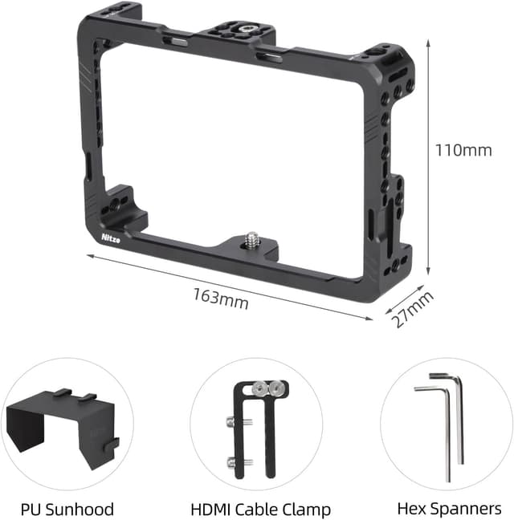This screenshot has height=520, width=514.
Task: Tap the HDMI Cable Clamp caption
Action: [x=260, y=509]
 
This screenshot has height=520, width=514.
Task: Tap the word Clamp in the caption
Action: [x=305, y=509]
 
